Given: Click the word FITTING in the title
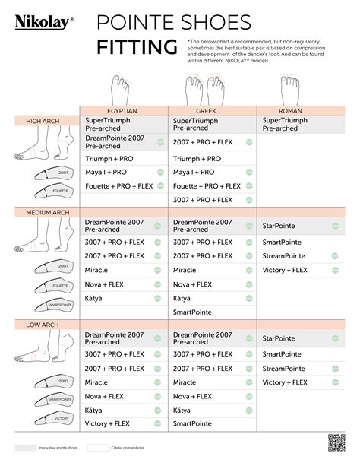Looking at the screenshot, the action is (x=137, y=48).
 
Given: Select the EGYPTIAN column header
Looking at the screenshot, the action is (x=123, y=111).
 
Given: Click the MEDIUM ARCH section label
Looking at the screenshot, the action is (x=47, y=212).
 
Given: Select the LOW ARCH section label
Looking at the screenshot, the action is (x=43, y=325).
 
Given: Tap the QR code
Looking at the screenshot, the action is (x=336, y=442).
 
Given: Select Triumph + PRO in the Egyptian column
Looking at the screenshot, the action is (x=110, y=159).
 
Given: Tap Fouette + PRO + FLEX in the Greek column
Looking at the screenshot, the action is (x=207, y=185).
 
